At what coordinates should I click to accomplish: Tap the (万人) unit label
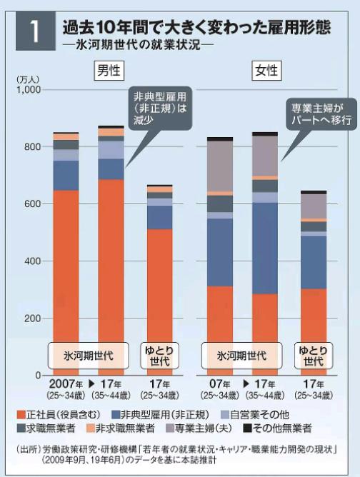26,78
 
